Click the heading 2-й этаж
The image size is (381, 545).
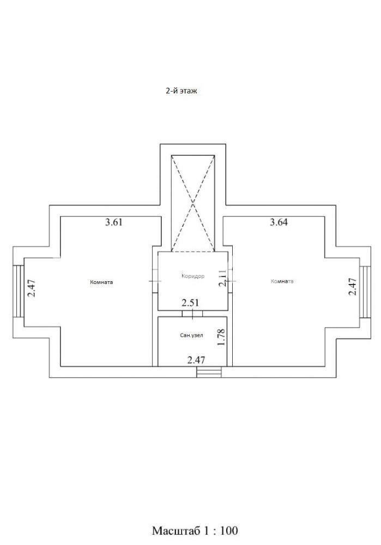[x=181, y=91]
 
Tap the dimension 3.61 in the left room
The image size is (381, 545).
[x=114, y=222]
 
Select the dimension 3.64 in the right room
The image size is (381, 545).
[x=279, y=222]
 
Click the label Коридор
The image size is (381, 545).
[x=193, y=276]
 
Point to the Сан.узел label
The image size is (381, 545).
[x=191, y=335]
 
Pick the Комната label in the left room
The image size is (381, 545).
[x=101, y=282]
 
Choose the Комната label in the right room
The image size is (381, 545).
[x=282, y=281]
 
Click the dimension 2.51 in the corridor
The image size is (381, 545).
[x=191, y=302]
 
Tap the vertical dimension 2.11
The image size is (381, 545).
[x=222, y=278]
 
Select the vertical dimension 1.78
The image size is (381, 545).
[x=221, y=337]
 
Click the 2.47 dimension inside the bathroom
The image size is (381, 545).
[x=196, y=360]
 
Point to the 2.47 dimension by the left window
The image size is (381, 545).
[x=32, y=288]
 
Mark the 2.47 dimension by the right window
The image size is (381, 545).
[x=353, y=287]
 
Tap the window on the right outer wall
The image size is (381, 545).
[x=365, y=292]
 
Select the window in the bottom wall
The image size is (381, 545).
[x=209, y=372]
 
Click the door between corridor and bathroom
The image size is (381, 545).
[x=192, y=313]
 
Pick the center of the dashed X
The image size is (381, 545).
[x=193, y=203]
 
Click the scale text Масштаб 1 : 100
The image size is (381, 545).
[x=195, y=530]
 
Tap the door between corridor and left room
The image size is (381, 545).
[x=155, y=281]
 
